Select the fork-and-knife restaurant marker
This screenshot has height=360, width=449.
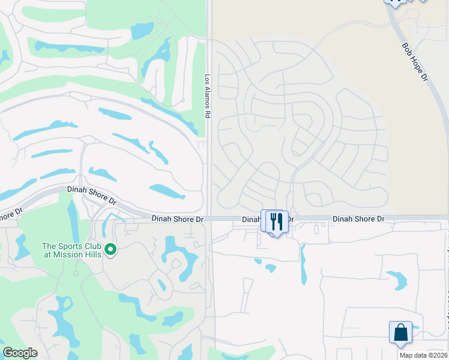tap(276, 221)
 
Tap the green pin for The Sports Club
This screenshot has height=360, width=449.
tap(110, 248)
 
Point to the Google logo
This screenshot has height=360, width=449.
tap(20, 353)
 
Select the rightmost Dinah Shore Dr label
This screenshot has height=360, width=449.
tap(358, 219)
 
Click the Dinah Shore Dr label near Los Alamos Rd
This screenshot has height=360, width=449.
tap(177, 219)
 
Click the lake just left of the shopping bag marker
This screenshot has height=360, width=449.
tap(397, 279)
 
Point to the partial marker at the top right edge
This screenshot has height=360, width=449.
tap(396, 3)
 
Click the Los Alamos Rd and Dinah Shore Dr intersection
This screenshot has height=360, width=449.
tap(209, 219)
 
